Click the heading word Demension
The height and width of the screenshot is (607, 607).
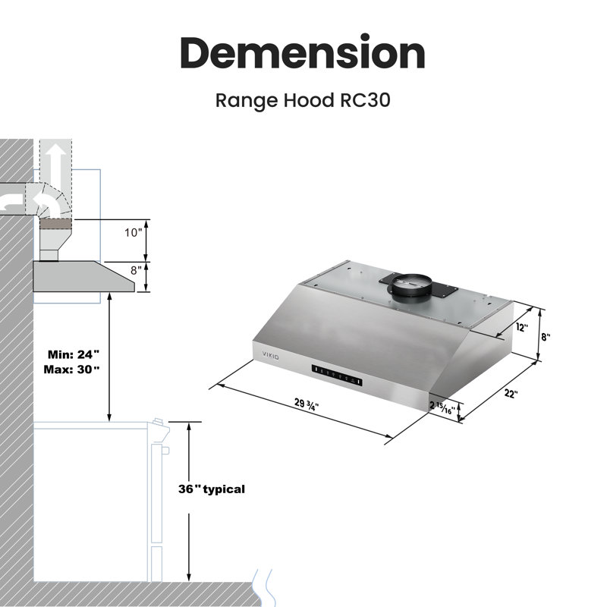pos(303,52)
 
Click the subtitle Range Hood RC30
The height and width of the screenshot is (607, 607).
pos(303,100)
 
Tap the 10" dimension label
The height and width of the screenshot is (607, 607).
pos(134,233)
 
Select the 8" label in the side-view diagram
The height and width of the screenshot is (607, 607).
pos(136,270)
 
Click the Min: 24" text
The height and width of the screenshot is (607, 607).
pos(74,354)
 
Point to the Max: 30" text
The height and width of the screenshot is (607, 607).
pos(71,370)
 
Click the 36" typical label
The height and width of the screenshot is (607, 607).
pos(212,489)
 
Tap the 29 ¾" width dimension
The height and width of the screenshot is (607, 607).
pos(307,404)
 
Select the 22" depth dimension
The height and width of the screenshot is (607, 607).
pos(511,393)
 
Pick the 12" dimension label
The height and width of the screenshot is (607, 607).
pos(522,328)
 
